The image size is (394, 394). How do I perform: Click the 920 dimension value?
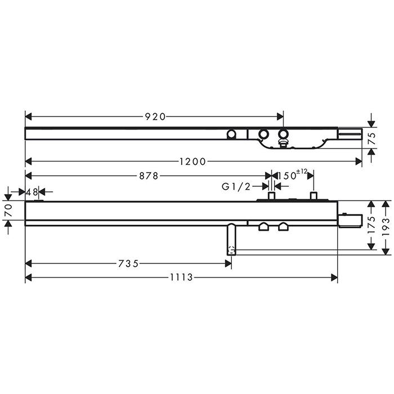155,117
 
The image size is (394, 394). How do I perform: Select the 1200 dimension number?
192,162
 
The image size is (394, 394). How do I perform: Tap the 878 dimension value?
149,176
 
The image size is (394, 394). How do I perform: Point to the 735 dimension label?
128,263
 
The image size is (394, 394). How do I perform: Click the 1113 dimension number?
181,277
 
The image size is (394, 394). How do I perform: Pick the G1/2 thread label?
236,186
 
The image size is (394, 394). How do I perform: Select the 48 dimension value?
32,192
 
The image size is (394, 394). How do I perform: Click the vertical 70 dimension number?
8,211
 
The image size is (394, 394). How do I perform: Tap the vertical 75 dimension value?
372,138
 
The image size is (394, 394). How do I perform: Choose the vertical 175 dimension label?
371,225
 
